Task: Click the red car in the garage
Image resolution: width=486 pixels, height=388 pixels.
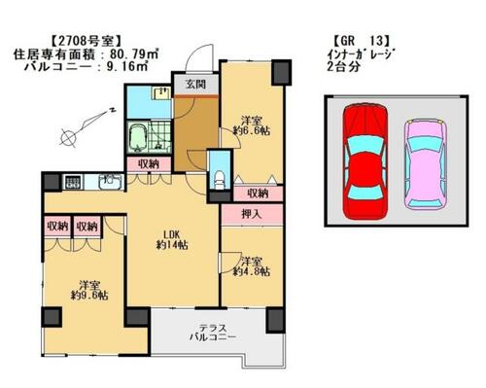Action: (x=365, y=161)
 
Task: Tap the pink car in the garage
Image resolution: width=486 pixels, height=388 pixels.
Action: (x=425, y=163)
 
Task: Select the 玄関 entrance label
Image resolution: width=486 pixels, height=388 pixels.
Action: (x=195, y=85)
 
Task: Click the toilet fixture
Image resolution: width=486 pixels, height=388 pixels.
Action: (x=220, y=180)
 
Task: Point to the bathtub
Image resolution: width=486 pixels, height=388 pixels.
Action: (x=138, y=139)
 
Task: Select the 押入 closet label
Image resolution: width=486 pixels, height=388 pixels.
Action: (x=252, y=214)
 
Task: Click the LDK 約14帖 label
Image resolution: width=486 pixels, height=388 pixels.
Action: (x=172, y=240)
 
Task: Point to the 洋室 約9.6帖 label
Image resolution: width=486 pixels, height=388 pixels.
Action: (x=89, y=291)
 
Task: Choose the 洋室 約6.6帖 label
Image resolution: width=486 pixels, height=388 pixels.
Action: (x=252, y=126)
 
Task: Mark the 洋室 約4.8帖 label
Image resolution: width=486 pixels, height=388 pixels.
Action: (x=252, y=266)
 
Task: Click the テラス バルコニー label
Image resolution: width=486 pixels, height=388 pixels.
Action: (x=213, y=333)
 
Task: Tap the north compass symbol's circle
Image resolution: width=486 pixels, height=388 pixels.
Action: (x=68, y=138)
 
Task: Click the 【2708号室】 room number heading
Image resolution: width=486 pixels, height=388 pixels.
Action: (x=87, y=41)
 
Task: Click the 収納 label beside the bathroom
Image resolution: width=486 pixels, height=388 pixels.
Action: (x=149, y=164)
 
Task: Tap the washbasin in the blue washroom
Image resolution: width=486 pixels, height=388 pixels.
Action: (x=161, y=92)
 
